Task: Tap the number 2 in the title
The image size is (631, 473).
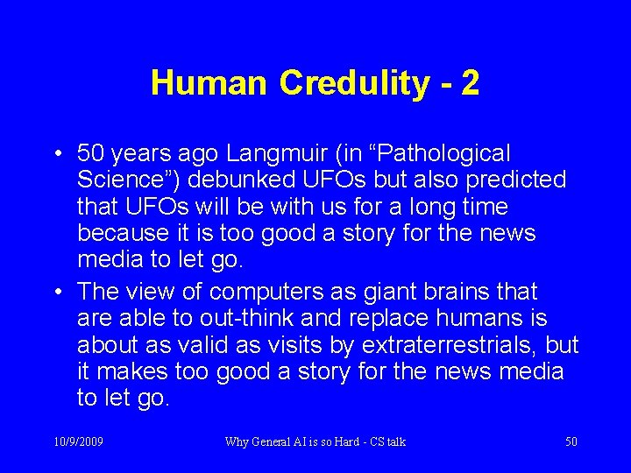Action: point(471,83)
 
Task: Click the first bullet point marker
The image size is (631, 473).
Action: point(55,154)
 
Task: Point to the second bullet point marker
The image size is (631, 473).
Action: point(55,292)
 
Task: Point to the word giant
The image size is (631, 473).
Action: point(372,292)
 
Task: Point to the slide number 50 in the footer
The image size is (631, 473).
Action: point(571,442)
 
